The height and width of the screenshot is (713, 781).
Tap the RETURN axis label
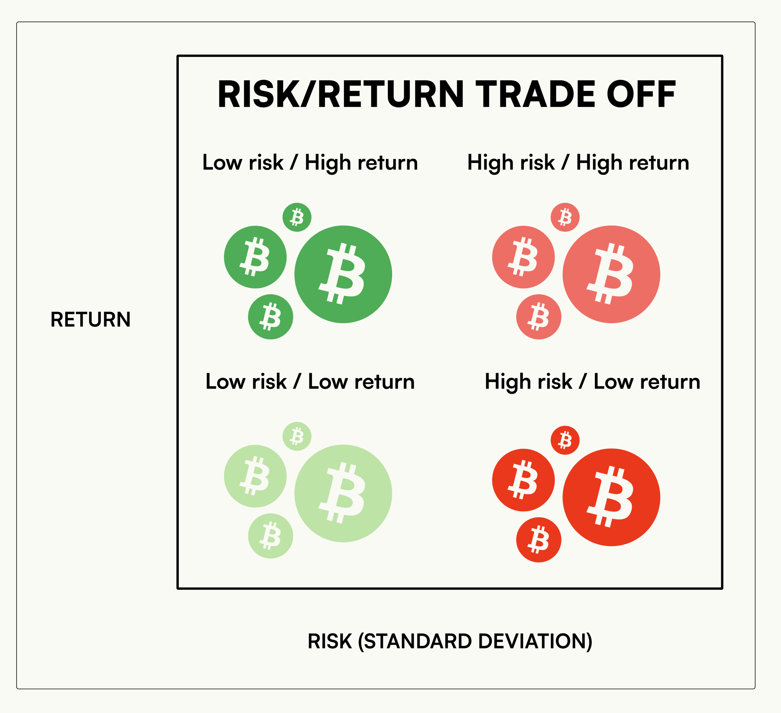click(91, 320)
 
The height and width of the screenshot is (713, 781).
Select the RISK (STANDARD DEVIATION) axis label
click(450, 641)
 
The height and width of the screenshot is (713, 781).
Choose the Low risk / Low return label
click(310, 382)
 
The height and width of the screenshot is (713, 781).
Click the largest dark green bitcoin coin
click(343, 274)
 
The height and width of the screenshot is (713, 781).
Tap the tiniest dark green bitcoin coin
click(297, 217)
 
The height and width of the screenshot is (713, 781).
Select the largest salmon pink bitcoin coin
click(611, 274)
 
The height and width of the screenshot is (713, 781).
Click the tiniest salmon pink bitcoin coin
click(565, 217)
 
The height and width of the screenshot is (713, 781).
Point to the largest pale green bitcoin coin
click(343, 493)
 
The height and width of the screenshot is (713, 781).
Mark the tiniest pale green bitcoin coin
click(297, 436)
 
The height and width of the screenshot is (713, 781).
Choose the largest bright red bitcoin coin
click(611, 497)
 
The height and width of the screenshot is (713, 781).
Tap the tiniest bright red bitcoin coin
click(565, 440)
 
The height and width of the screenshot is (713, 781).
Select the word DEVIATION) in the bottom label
click(535, 641)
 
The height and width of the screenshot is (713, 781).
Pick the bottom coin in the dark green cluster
click(270, 317)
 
